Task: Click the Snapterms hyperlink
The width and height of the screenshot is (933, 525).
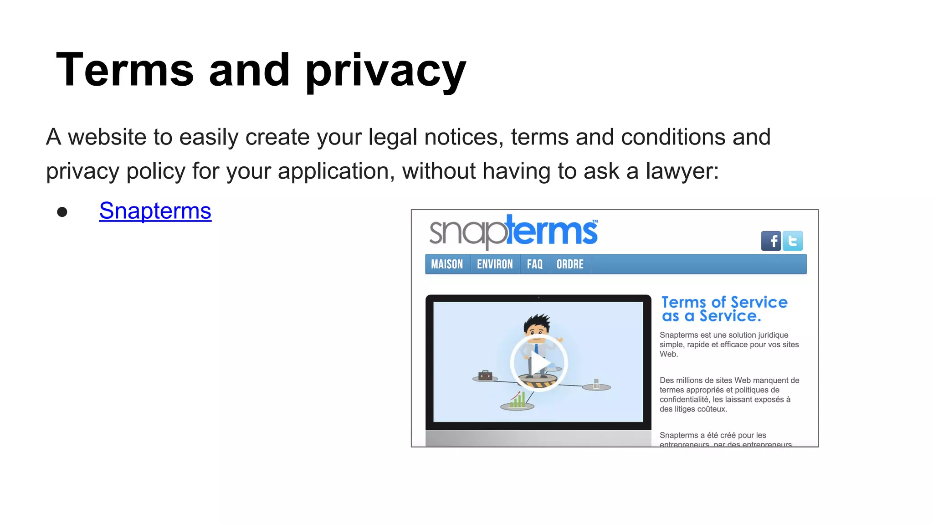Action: tap(155, 211)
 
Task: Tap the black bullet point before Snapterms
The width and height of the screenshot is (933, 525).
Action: tap(62, 212)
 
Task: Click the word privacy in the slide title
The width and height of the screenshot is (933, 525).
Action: tap(386, 71)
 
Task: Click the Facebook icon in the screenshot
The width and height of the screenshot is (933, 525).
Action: tap(771, 241)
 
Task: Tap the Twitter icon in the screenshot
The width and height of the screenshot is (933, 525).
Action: tap(793, 241)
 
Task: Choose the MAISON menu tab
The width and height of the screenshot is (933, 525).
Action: tap(447, 264)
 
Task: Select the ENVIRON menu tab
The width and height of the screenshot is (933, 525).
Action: tap(495, 264)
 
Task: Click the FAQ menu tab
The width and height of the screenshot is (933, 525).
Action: tap(535, 264)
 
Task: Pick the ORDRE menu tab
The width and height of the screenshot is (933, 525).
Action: tap(570, 264)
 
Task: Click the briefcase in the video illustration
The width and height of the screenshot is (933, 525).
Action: tap(485, 376)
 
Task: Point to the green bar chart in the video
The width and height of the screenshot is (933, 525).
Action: tap(518, 400)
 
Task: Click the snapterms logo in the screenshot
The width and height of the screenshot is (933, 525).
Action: tap(513, 232)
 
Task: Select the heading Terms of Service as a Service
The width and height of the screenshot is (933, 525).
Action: tap(724, 309)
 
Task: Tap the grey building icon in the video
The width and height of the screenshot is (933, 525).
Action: tap(596, 384)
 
